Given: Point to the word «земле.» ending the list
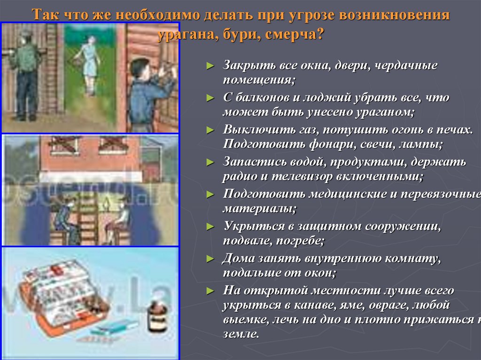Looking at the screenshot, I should (x=240, y=334).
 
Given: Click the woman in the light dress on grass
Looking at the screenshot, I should (x=89, y=63).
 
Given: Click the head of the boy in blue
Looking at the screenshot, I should (x=140, y=69).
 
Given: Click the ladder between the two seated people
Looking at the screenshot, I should (x=87, y=218).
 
